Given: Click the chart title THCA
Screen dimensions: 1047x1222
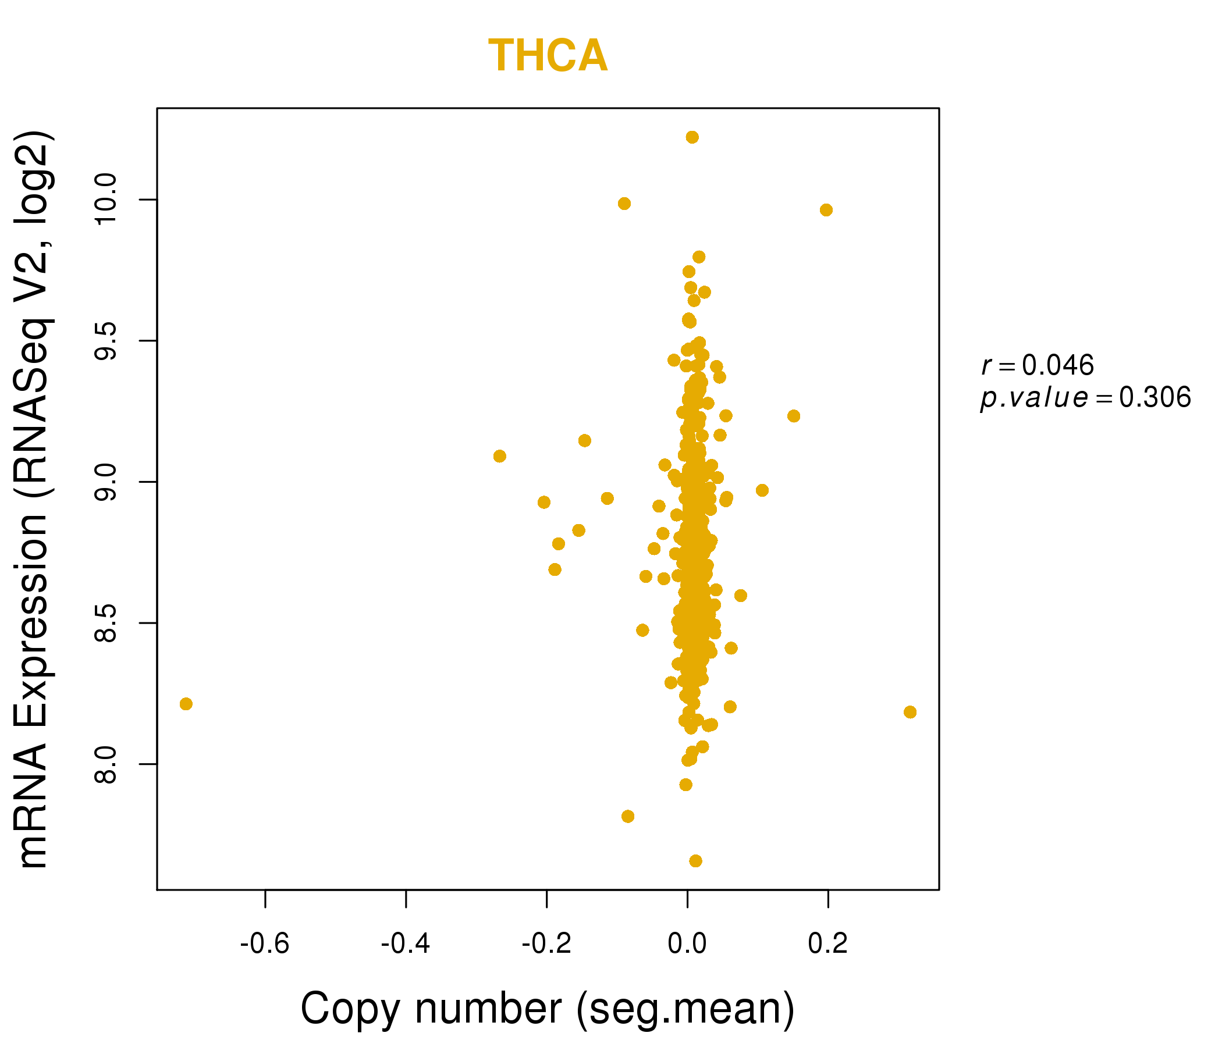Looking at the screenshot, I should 548,56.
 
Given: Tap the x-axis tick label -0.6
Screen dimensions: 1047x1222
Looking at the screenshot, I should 265,944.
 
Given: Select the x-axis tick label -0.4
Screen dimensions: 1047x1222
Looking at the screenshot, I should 406,944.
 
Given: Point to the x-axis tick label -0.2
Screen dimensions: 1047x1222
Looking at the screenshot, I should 547,944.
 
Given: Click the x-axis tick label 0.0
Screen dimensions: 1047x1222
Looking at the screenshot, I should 687,944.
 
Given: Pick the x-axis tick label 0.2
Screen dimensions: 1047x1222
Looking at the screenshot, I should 828,944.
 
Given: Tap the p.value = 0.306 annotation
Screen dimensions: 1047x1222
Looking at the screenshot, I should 1086,398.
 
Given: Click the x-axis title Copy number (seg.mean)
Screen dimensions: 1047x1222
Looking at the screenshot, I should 548,1009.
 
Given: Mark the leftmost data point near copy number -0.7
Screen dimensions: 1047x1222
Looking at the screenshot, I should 186,704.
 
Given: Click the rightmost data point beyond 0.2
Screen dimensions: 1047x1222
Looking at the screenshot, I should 910,712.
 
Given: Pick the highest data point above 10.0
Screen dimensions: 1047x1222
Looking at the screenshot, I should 692,137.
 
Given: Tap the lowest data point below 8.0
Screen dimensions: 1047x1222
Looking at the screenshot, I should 696,861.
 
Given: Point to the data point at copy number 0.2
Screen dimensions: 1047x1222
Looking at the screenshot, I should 826,211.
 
